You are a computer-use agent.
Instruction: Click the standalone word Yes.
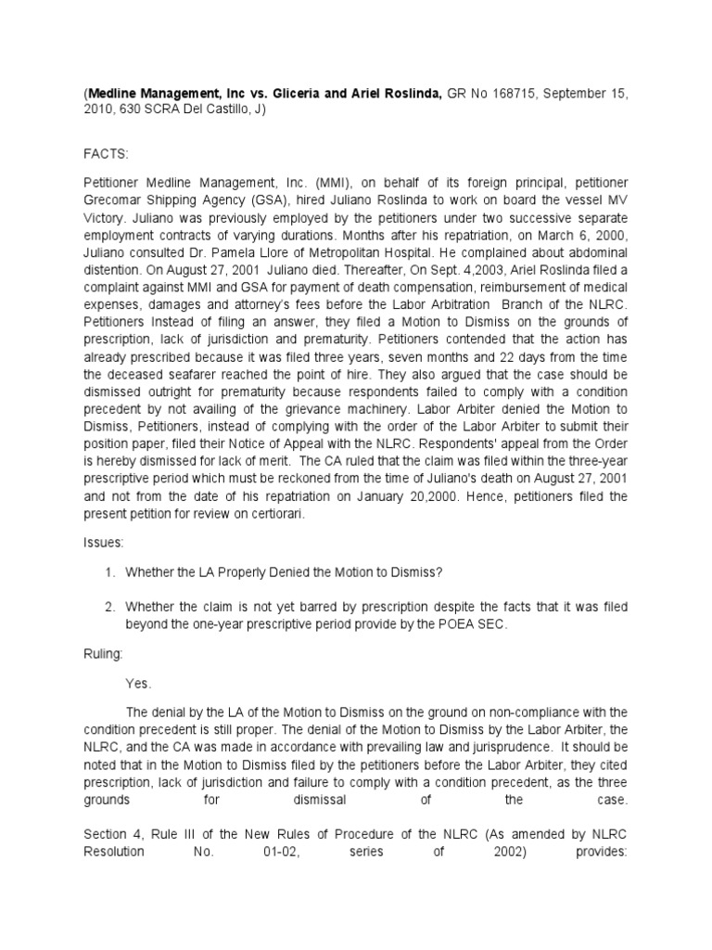point(138,683)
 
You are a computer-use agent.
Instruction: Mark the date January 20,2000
point(443,496)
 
